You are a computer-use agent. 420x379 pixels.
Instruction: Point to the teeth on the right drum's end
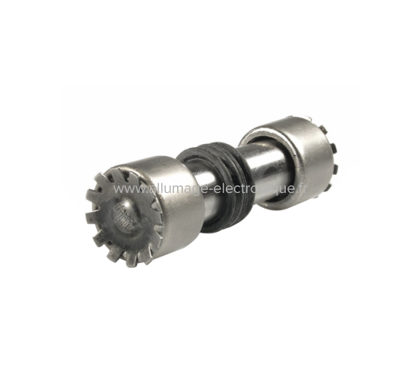(x=331, y=158)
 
